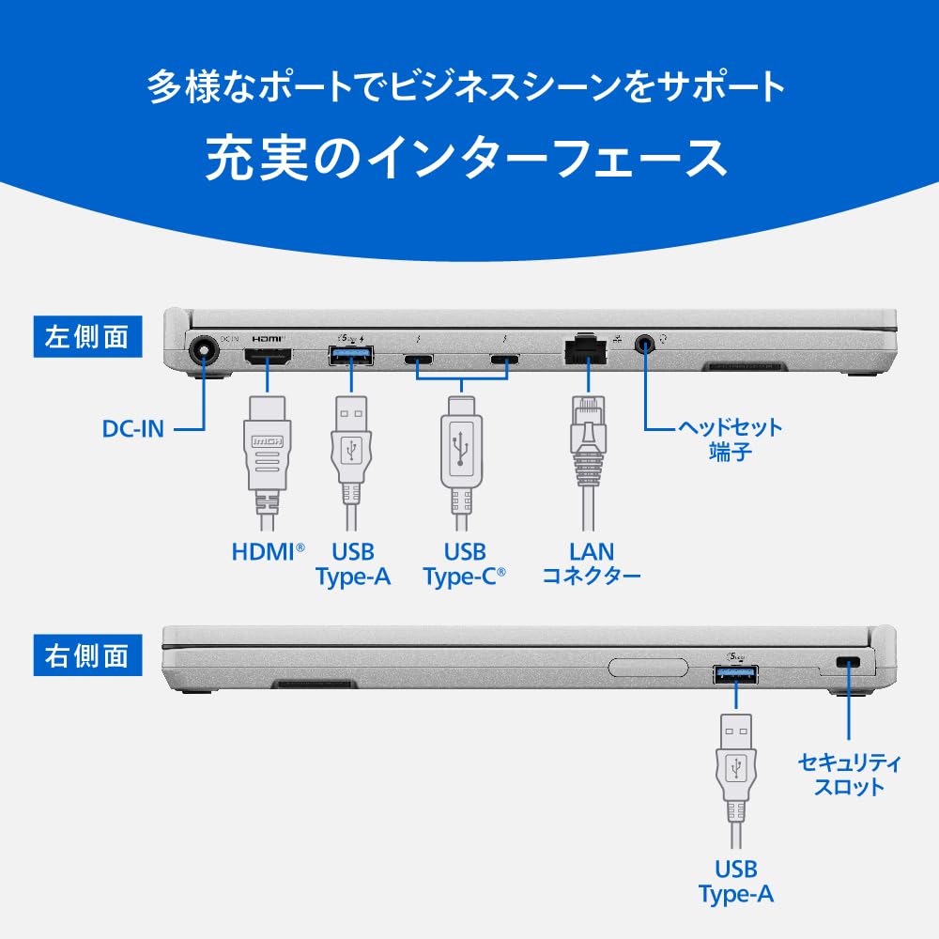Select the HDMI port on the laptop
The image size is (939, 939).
268,357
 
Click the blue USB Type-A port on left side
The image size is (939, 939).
351,356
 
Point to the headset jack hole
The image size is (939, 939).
646,345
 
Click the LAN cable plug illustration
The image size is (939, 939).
586,441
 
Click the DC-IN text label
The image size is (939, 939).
133,429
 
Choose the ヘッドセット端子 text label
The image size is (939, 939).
730,440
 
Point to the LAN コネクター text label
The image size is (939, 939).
591,562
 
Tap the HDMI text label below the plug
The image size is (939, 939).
269,551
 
